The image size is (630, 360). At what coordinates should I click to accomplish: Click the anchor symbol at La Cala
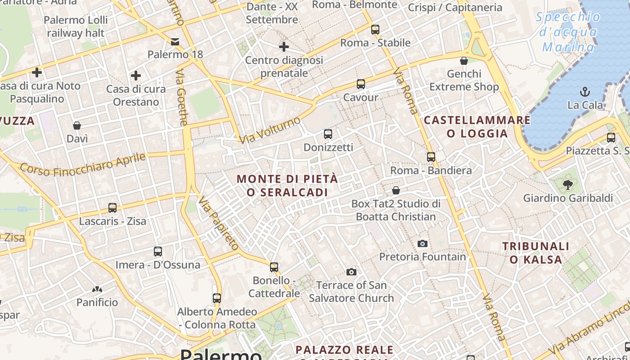(x=585, y=92)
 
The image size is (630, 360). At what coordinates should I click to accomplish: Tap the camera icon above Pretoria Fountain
(x=422, y=243)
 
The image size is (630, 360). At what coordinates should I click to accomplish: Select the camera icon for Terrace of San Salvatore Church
(x=351, y=272)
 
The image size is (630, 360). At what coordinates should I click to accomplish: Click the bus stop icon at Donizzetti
(x=328, y=134)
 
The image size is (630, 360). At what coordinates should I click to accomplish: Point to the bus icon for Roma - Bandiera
(x=431, y=157)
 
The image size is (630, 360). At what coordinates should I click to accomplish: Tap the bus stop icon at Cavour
(x=360, y=84)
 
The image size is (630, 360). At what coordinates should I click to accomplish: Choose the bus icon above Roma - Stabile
(x=375, y=30)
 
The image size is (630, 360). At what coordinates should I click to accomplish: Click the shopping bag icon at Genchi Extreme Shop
(x=464, y=60)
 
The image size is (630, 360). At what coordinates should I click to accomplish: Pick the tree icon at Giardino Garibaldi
(x=568, y=184)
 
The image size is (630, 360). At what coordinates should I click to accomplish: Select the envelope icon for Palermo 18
(x=175, y=42)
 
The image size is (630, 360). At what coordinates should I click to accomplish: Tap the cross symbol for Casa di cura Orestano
(x=136, y=76)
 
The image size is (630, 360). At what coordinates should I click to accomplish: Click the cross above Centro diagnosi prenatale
(x=284, y=46)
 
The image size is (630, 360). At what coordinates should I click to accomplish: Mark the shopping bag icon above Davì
(x=77, y=125)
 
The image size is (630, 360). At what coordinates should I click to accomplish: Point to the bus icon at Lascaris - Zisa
(x=112, y=208)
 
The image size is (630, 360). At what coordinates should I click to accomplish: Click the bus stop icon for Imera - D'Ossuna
(x=158, y=251)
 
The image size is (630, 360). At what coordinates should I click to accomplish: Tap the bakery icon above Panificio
(x=97, y=289)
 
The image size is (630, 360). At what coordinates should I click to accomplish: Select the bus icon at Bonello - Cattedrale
(x=274, y=267)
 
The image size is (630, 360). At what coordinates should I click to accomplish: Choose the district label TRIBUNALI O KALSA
(x=536, y=253)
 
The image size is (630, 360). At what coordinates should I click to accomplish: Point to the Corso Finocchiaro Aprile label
(x=83, y=165)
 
